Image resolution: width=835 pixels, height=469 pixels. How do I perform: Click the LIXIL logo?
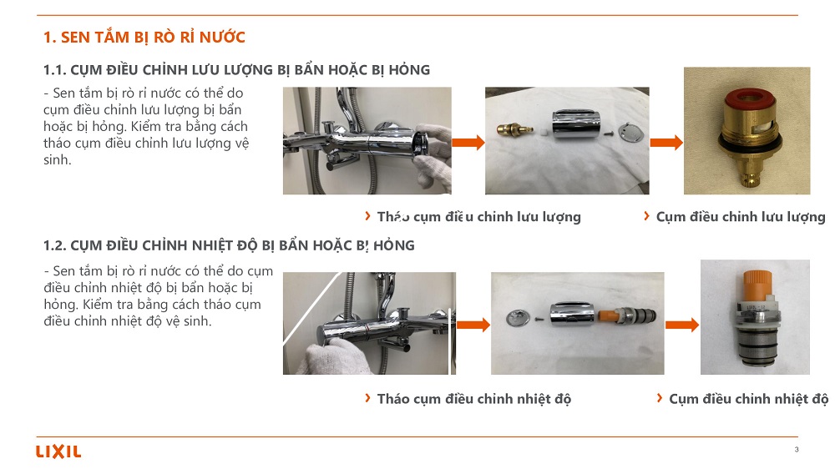tap(58, 451)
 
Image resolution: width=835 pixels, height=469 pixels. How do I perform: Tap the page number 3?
tap(796, 449)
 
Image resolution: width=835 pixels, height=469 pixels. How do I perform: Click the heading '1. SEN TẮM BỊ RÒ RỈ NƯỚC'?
tap(144, 38)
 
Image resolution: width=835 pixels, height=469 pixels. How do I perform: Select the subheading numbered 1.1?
tap(236, 70)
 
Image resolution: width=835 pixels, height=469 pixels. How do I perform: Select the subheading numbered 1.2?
tap(229, 245)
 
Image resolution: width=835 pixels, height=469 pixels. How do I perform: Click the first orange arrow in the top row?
tap(468, 142)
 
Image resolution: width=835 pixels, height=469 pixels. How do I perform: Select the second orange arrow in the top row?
tap(666, 142)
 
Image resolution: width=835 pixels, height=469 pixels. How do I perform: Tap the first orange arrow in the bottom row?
tap(473, 325)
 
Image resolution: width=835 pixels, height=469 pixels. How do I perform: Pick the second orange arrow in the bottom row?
tap(681, 325)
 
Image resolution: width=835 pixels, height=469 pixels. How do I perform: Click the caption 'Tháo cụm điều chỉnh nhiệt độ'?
tap(474, 399)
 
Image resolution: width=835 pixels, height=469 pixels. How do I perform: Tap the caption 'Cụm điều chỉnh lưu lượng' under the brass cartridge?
tap(741, 217)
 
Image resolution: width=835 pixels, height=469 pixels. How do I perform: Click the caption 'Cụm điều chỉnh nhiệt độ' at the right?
tap(749, 399)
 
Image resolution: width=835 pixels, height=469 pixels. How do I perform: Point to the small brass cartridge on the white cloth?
tap(514, 129)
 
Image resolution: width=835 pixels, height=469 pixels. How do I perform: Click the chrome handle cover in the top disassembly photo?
tap(575, 124)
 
